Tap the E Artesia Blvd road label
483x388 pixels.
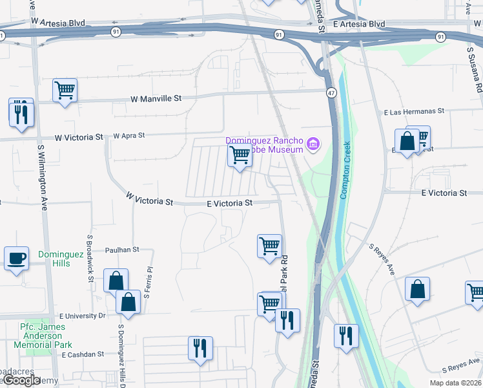point(359,24)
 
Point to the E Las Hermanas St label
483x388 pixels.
point(414,111)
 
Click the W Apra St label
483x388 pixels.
point(129,136)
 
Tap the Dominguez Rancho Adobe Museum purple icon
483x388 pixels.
point(313,143)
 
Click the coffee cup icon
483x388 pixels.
point(17,258)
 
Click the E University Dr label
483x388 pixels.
point(82,316)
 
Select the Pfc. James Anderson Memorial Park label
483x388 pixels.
point(45,336)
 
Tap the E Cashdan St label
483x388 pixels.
point(81,354)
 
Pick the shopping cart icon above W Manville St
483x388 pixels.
point(65,90)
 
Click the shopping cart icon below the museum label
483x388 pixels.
point(240,155)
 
